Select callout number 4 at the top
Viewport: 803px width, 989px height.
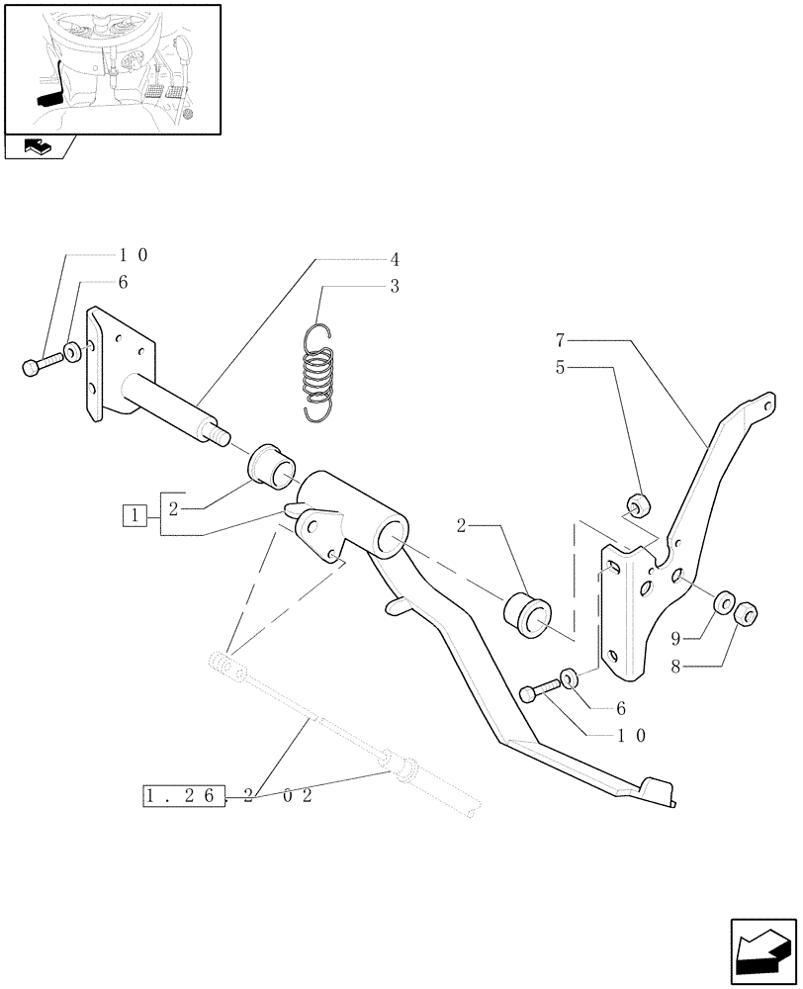tap(394, 260)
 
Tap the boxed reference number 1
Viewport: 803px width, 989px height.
tap(135, 514)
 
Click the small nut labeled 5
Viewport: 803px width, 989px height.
tap(638, 503)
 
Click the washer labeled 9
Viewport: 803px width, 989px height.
tap(723, 601)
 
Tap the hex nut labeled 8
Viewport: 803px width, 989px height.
tap(748, 615)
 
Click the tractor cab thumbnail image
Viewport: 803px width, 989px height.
tap(111, 68)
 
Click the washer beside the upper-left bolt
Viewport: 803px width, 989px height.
tap(73, 350)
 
